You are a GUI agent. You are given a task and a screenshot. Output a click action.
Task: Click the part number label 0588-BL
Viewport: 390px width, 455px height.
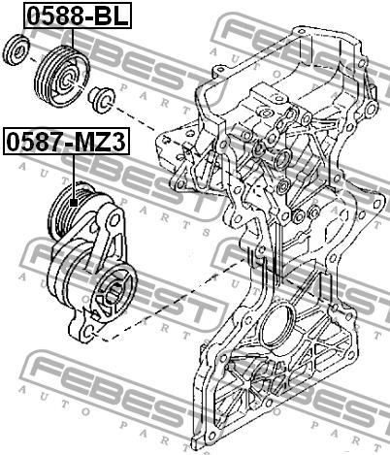pos(78,16)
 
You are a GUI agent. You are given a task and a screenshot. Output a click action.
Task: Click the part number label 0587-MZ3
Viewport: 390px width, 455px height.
pos(66,142)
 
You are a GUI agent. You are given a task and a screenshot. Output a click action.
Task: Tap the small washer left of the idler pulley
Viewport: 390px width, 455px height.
pos(17,49)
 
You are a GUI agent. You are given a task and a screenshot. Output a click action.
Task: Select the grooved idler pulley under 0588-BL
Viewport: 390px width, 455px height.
pos(62,77)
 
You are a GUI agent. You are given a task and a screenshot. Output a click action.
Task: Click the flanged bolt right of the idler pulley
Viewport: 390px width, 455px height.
pos(101,98)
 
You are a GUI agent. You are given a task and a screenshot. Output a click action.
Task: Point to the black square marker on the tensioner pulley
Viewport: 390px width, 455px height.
pos(74,203)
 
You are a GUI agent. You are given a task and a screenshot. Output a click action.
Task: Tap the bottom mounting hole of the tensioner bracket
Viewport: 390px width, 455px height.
pos(90,331)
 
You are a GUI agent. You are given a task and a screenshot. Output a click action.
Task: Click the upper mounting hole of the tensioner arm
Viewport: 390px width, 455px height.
pos(114,221)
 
